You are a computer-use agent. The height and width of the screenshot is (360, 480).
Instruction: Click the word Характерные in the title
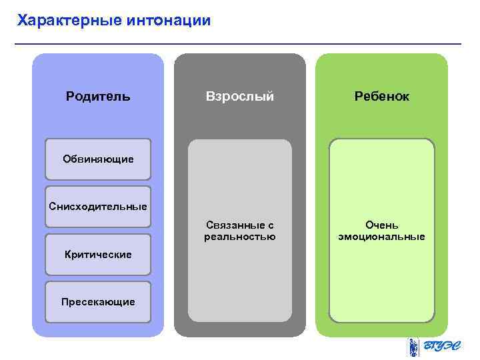click(69, 21)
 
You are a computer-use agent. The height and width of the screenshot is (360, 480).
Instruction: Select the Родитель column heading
click(98, 97)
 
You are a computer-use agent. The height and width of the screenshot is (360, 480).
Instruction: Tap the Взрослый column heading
click(239, 97)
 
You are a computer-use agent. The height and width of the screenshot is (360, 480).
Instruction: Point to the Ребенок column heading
click(381, 97)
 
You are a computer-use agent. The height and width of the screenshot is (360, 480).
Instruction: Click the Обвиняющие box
click(98, 159)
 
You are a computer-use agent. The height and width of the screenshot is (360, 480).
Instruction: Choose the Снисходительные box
click(98, 206)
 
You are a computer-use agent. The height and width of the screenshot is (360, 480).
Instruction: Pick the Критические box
click(98, 254)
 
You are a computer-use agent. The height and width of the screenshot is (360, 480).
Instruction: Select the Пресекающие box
click(98, 301)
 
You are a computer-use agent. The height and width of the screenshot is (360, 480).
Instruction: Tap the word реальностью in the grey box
click(239, 237)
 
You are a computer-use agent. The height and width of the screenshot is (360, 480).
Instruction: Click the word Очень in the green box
click(381, 225)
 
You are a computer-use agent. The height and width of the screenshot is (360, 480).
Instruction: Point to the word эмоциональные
click(381, 237)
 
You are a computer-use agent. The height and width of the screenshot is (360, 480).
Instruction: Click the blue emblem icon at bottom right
click(414, 347)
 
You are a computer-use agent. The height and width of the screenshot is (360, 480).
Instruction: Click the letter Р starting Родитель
click(70, 97)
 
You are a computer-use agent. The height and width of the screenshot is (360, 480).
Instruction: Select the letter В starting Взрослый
click(209, 97)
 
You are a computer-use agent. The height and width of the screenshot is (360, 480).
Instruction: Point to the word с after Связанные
click(270, 225)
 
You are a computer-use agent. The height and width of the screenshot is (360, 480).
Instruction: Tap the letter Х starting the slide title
click(22, 21)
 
